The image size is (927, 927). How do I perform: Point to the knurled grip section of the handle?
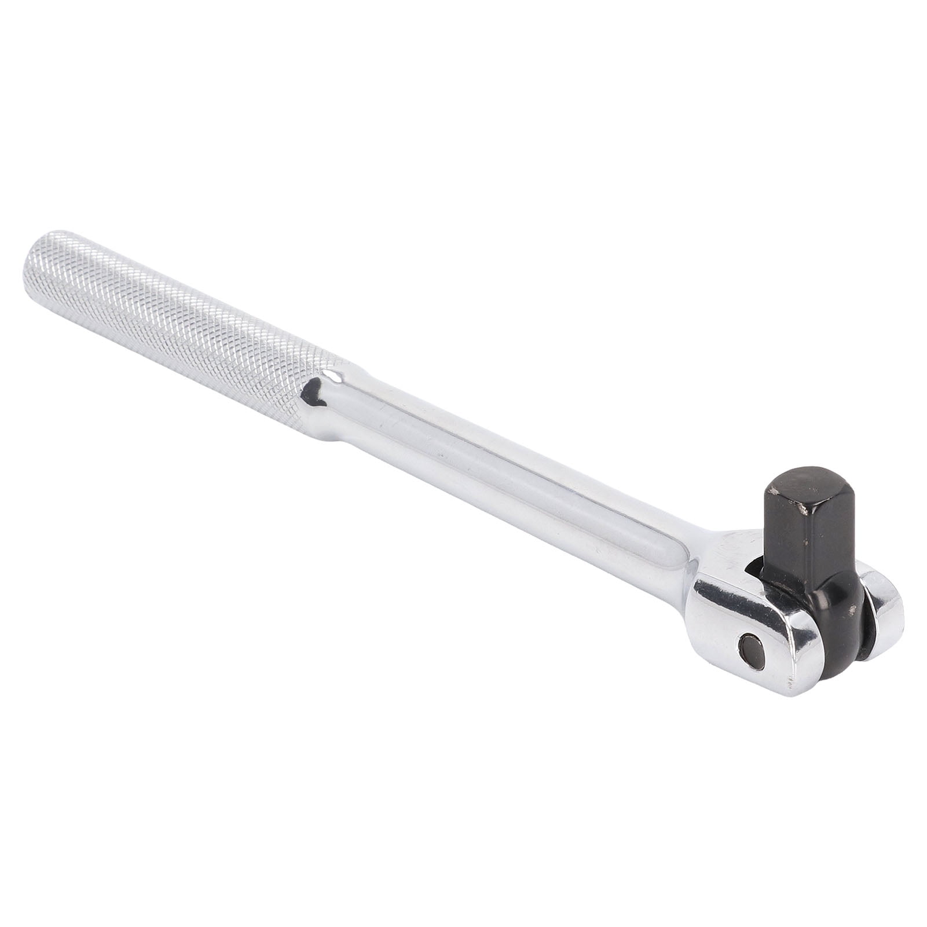pyautogui.click(x=174, y=324)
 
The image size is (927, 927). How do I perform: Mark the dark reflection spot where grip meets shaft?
pyautogui.click(x=313, y=394)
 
